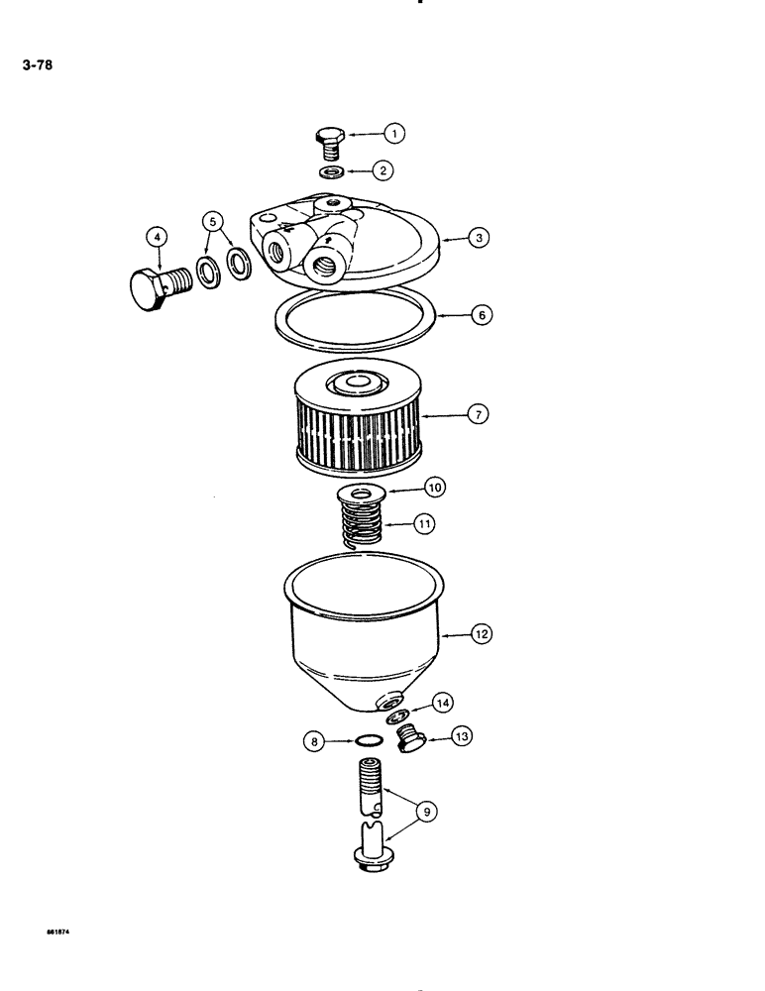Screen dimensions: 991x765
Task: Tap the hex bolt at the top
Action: (330, 142)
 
